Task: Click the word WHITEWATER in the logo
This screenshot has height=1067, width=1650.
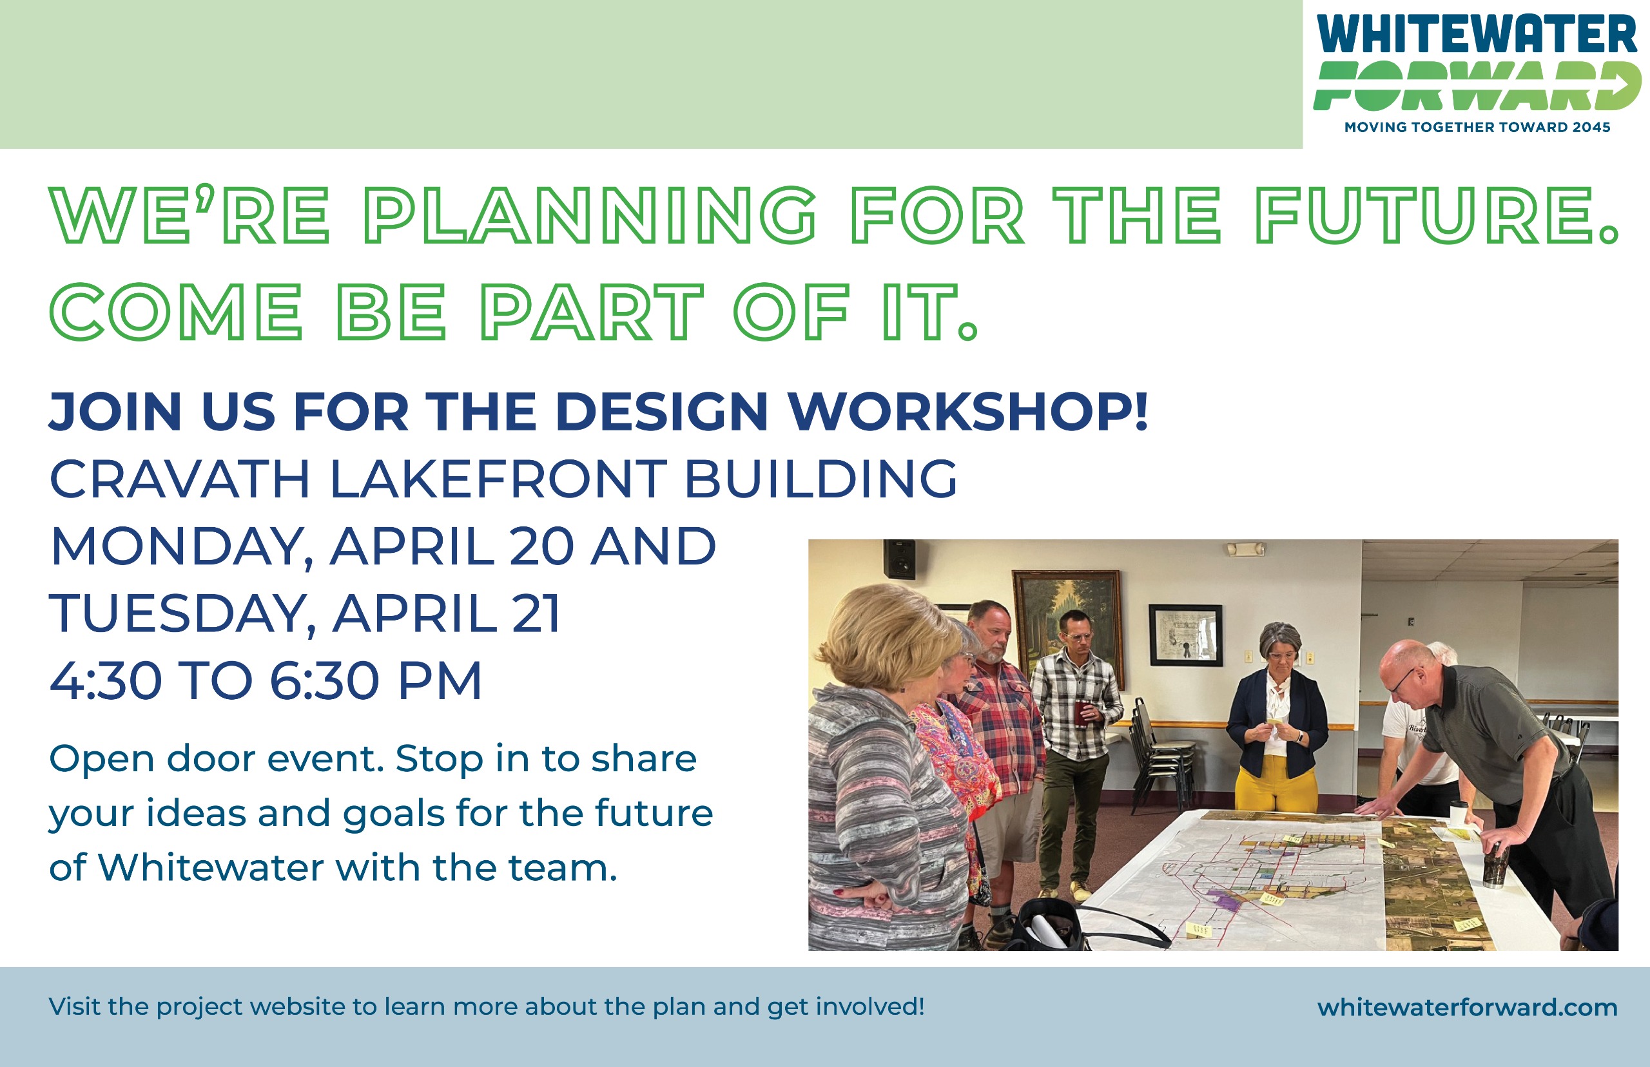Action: [1476, 35]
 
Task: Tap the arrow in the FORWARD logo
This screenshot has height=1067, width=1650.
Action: [1622, 86]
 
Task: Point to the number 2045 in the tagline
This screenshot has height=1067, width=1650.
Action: [1591, 128]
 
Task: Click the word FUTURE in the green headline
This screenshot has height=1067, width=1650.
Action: [1435, 215]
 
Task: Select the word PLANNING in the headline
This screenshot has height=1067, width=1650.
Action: [590, 215]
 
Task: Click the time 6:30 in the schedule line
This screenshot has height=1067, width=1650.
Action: [325, 681]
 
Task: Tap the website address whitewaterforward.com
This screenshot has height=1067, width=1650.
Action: [1467, 1006]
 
